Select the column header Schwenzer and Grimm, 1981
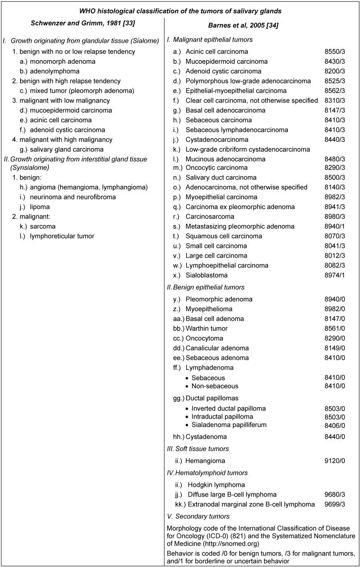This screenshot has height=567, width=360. tap(82, 23)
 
